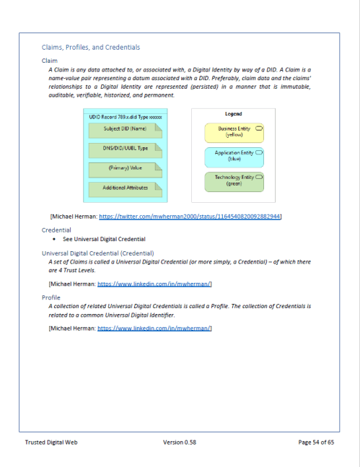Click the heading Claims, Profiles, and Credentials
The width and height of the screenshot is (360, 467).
(x=91, y=47)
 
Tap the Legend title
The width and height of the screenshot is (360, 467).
(x=234, y=114)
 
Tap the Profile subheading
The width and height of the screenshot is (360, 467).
(x=51, y=297)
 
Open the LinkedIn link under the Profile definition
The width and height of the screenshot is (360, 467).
(x=154, y=328)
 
